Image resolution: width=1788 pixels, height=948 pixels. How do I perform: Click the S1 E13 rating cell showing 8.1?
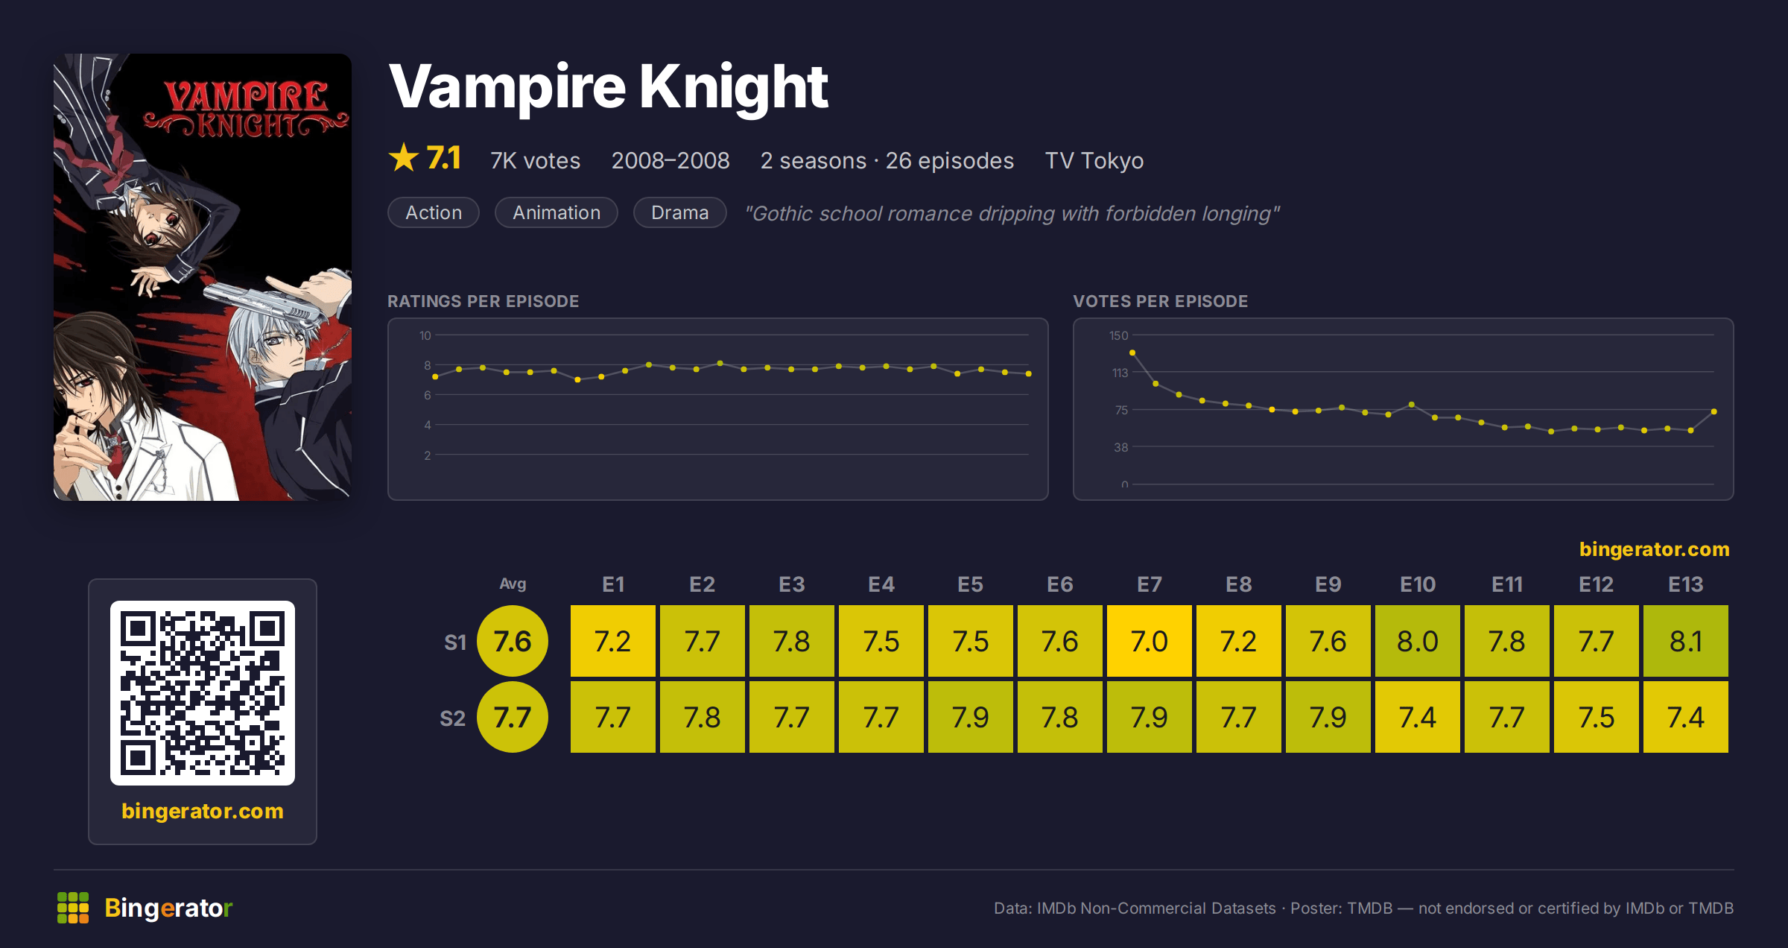pyautogui.click(x=1685, y=641)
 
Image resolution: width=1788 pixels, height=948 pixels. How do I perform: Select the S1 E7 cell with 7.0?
pyautogui.click(x=1149, y=641)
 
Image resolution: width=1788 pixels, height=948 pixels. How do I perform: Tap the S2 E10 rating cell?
pyautogui.click(x=1417, y=717)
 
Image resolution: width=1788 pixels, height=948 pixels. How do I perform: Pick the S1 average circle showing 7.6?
pyautogui.click(x=513, y=641)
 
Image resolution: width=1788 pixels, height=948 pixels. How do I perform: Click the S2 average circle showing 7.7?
pyautogui.click(x=513, y=717)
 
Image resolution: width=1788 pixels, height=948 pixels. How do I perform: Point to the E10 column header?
pyautogui.click(x=1417, y=584)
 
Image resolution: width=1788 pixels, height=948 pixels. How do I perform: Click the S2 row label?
pyautogui.click(x=452, y=718)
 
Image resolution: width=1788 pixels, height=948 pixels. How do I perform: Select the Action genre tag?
pyautogui.click(x=434, y=212)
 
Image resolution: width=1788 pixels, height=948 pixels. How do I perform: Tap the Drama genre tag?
pyautogui.click(x=679, y=212)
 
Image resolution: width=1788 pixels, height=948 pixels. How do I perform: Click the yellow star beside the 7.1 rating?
pyautogui.click(x=404, y=157)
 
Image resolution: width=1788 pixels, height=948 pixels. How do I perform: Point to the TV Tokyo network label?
pyautogui.click(x=1094, y=160)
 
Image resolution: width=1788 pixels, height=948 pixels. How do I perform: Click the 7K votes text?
pyautogui.click(x=535, y=160)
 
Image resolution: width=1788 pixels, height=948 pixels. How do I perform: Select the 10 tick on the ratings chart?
pyautogui.click(x=425, y=335)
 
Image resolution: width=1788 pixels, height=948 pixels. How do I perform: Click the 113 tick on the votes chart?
pyautogui.click(x=1120, y=373)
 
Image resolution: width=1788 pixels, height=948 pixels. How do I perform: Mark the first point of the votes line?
pyautogui.click(x=1132, y=353)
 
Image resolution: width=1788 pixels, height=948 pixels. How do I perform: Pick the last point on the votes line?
pyautogui.click(x=1714, y=411)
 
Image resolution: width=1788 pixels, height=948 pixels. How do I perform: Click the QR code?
pyautogui.click(x=203, y=693)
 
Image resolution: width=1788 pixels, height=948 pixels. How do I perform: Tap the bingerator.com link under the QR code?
pyautogui.click(x=203, y=811)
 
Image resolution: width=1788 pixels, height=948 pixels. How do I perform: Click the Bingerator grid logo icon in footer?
pyautogui.click(x=73, y=908)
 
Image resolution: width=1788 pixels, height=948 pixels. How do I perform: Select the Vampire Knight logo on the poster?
pyautogui.click(x=246, y=109)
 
